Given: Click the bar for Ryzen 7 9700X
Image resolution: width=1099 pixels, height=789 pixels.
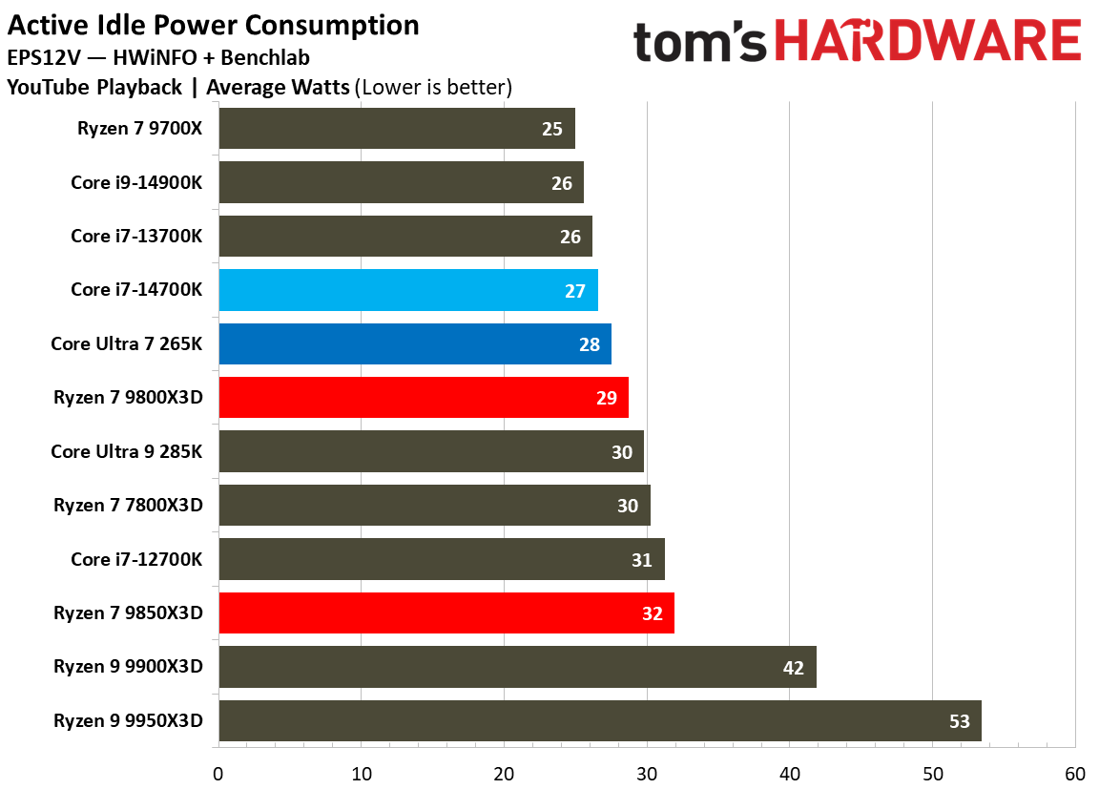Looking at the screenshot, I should tap(396, 128).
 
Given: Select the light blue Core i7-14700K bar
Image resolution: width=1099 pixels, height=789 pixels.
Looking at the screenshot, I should tap(407, 290).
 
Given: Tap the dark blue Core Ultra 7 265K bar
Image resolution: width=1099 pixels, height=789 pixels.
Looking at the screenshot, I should tap(414, 343).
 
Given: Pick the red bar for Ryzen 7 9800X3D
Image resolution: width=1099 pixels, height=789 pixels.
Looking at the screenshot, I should tap(423, 398).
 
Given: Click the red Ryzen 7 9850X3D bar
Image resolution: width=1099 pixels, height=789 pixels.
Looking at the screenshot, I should tap(446, 613).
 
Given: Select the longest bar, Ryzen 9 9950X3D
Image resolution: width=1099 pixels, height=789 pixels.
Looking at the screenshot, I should tap(599, 721).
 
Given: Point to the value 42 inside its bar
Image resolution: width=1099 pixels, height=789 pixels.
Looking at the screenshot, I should tap(793, 668).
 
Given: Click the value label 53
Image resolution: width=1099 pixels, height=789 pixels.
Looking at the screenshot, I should tap(959, 721).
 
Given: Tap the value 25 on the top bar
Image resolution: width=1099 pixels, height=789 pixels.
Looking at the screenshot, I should tap(551, 128).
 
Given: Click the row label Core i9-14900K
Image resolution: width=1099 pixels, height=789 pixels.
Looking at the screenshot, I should tap(136, 182).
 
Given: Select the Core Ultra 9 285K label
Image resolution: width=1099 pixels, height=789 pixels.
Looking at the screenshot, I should tap(127, 451).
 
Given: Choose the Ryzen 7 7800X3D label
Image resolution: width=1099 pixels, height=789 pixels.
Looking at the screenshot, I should tap(128, 506).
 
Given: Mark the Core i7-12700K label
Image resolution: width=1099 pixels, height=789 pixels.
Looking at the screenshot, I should tap(136, 559).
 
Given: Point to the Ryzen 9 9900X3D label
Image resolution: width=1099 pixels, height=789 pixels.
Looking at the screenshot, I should tap(128, 667).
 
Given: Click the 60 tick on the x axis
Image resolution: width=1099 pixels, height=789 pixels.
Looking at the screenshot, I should tap(1075, 773).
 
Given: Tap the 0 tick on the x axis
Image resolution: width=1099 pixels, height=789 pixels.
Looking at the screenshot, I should tap(218, 773).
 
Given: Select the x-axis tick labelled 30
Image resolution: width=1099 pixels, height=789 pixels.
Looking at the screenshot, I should tap(647, 773).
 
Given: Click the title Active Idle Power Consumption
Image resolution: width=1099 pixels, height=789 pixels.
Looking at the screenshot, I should tap(213, 25).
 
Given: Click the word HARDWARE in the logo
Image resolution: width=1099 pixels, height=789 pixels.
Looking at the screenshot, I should tap(927, 43).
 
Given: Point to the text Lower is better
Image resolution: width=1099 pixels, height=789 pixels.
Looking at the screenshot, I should tap(433, 88).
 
